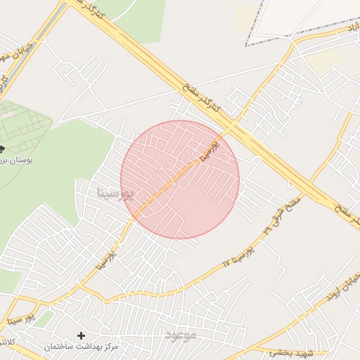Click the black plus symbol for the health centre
(81, 335)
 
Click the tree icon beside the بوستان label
(2, 148)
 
